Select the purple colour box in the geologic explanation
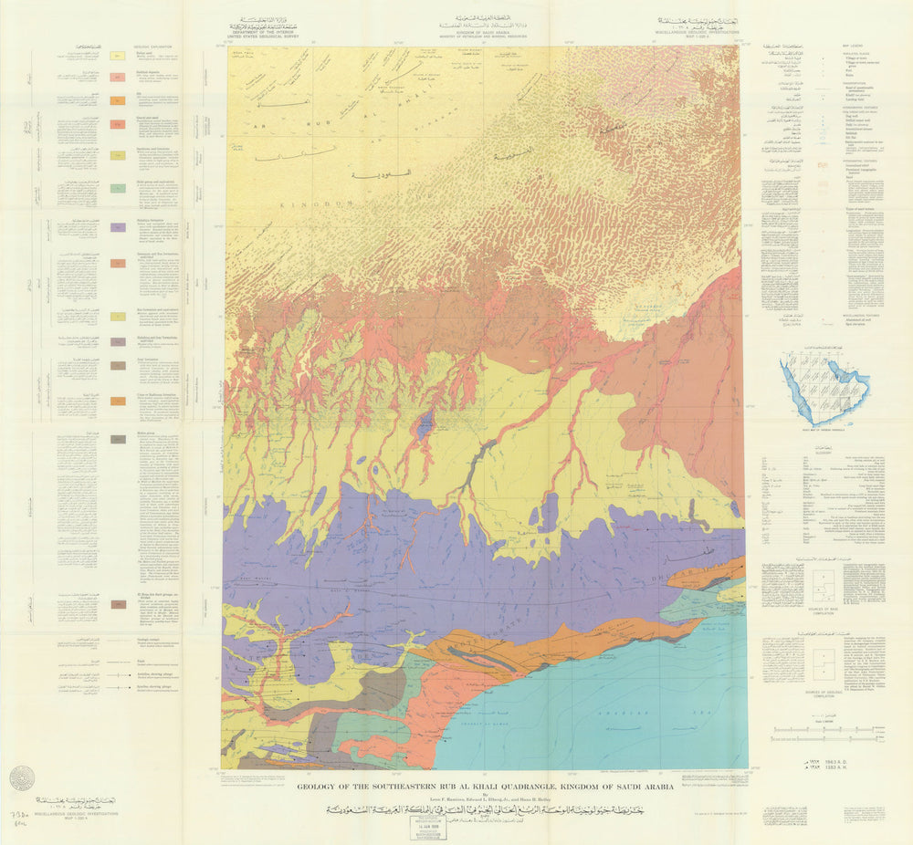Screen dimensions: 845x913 pos(118,227)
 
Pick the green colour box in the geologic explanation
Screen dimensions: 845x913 pos(118,189)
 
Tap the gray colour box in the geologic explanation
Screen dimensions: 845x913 pos(118,440)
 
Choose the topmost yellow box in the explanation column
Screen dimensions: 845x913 pos(118,56)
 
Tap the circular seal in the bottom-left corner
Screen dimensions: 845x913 pos(22,777)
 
